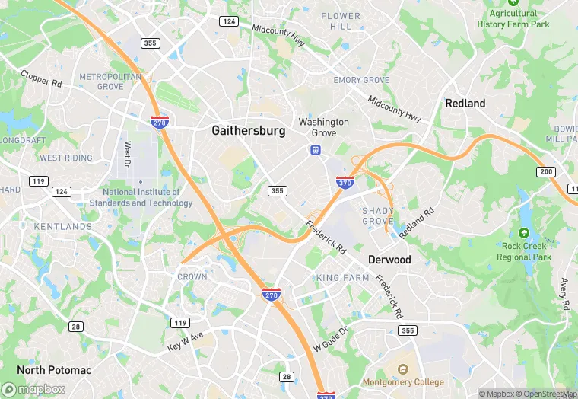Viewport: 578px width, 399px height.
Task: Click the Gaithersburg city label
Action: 249,131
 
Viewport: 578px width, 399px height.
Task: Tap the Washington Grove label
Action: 324,127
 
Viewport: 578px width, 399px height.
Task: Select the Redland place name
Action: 465,104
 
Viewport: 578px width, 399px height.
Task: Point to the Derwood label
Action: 389,260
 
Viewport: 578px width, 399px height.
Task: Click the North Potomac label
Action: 54,370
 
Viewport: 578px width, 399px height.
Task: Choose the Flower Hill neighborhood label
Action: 341,21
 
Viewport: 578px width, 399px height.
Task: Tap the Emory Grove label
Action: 361,81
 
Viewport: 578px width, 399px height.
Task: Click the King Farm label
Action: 342,278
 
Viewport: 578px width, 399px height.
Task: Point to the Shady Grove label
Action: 378,215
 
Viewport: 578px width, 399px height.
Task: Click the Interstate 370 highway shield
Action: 345,182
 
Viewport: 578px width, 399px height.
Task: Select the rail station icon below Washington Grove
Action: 314,150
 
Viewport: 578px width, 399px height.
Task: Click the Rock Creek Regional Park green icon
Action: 523,233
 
